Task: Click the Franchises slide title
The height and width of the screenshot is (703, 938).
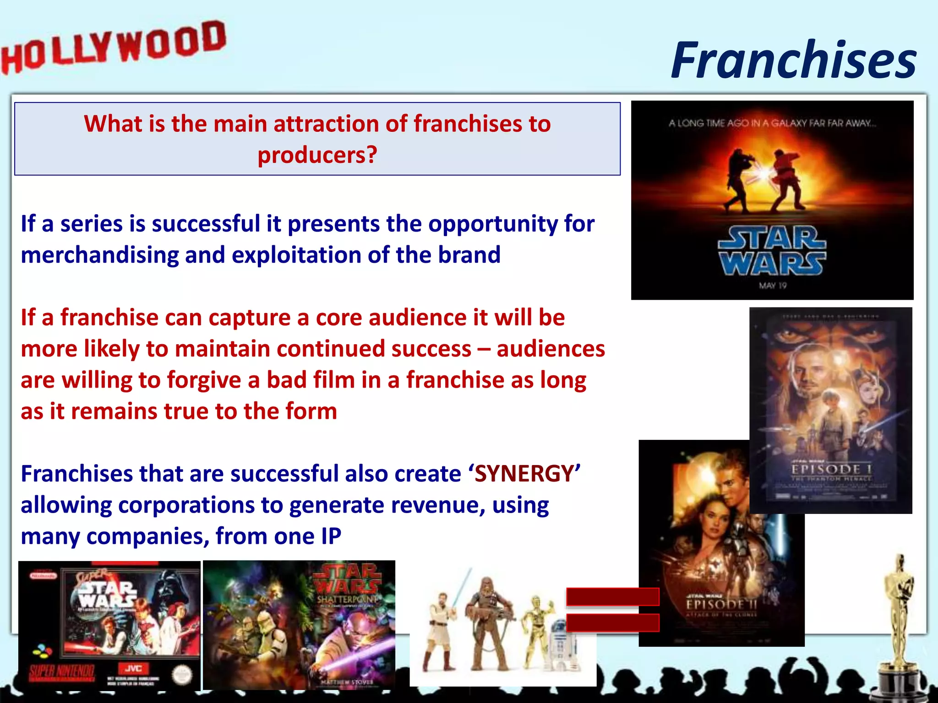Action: (x=794, y=60)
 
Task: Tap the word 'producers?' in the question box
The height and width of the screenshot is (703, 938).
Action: (x=317, y=155)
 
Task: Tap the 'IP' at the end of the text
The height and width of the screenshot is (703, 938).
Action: (x=331, y=536)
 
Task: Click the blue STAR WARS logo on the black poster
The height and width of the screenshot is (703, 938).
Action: (x=772, y=251)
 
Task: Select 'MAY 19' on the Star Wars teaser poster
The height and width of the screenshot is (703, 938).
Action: (x=773, y=286)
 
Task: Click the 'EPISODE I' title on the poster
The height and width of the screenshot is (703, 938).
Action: (x=831, y=470)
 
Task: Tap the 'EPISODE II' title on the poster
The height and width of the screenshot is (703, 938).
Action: (x=721, y=605)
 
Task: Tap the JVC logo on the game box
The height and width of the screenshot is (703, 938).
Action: (x=133, y=669)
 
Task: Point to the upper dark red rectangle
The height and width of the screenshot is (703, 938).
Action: (x=612, y=597)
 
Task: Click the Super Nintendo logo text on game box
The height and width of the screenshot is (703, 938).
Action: (x=62, y=672)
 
